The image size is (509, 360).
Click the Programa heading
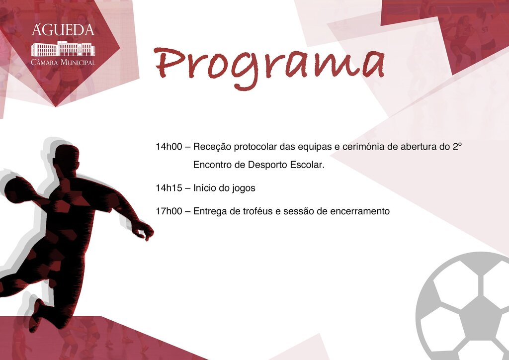point(269,65)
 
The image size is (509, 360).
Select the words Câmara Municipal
point(63,63)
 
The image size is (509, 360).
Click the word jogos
point(244,188)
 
